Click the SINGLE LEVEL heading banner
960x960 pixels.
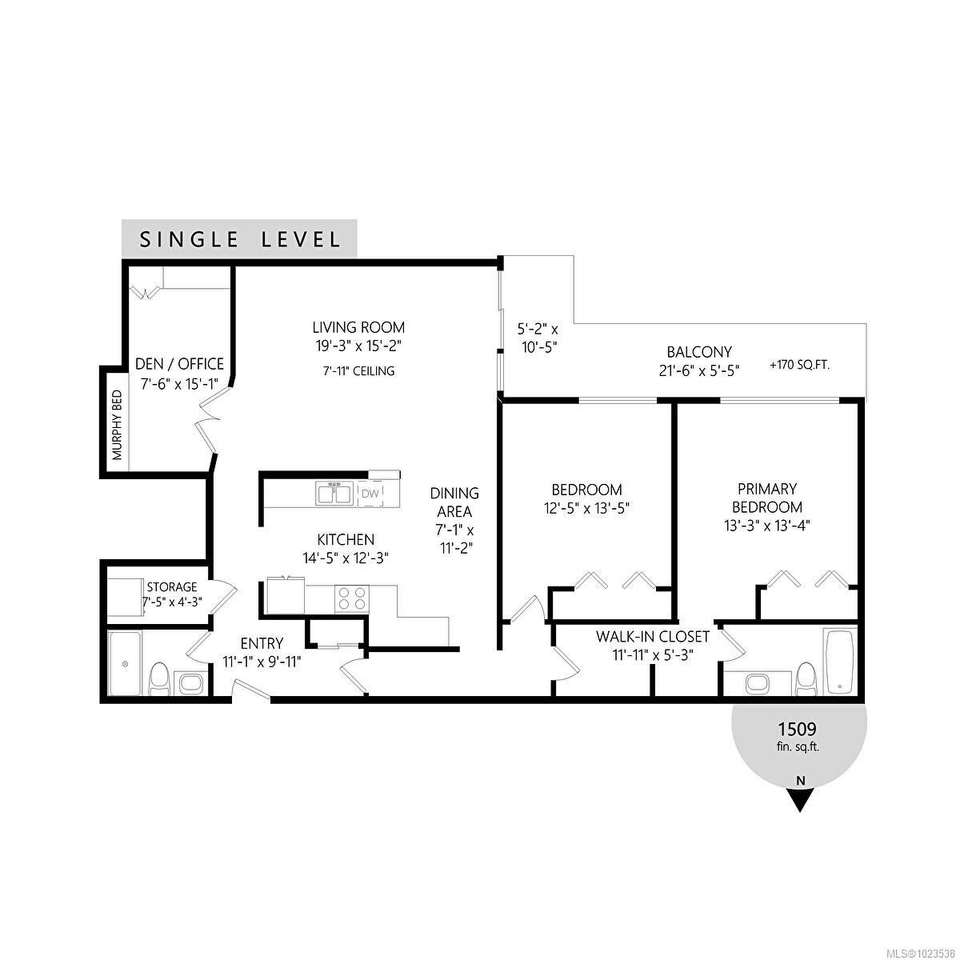tap(239, 239)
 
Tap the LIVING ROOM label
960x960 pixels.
tap(358, 327)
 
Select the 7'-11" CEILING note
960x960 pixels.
tap(358, 371)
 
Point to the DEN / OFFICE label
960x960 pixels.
tap(179, 364)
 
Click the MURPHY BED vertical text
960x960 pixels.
tap(117, 425)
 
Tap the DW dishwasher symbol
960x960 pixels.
tap(370, 494)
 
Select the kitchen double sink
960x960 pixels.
tap(334, 494)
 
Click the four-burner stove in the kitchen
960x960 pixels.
tap(352, 599)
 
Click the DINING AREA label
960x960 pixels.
tap(454, 502)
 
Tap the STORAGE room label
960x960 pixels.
tap(171, 587)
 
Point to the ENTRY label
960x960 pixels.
tap(262, 643)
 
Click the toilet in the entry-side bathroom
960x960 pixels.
tap(159, 679)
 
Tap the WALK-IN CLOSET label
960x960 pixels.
tap(652, 637)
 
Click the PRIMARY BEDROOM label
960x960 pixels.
tap(766, 498)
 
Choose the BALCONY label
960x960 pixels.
tap(699, 352)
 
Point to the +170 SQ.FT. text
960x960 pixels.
tap(799, 365)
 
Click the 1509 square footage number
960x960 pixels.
tap(797, 729)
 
